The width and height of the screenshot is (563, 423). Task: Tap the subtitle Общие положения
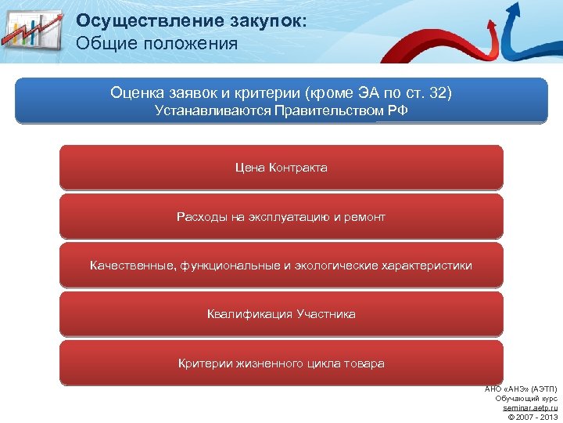157,42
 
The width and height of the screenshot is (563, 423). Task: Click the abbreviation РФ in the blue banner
397,110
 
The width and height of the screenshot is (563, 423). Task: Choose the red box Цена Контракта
281,168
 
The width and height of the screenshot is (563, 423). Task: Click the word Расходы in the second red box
201,217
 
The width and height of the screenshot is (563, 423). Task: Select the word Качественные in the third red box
132,266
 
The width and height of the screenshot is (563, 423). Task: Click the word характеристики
426,266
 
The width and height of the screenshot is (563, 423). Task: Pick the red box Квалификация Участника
281,314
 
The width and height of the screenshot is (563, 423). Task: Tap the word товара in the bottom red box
366,363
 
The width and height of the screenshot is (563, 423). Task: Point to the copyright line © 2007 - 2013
533,416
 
